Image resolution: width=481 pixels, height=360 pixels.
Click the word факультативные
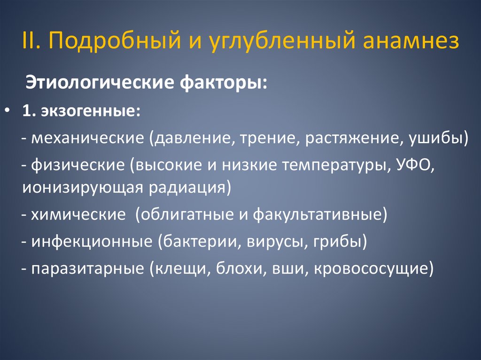pos(320,214)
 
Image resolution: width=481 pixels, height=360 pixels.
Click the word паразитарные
pos(88,268)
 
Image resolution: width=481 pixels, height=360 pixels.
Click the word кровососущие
pos(370,268)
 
